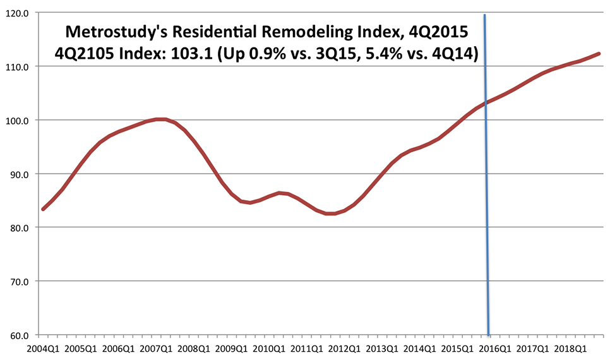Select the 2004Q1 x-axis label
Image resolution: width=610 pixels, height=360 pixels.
tap(42, 348)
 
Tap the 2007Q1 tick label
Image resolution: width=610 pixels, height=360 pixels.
tap(156, 348)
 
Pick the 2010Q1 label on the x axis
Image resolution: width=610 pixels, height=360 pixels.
tap(270, 348)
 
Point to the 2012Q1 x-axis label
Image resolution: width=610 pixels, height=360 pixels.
tap(345, 348)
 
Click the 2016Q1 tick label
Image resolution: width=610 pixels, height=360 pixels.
tap(497, 348)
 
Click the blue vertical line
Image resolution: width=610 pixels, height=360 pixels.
tap(486, 189)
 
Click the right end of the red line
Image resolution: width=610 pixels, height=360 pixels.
tap(598, 54)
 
